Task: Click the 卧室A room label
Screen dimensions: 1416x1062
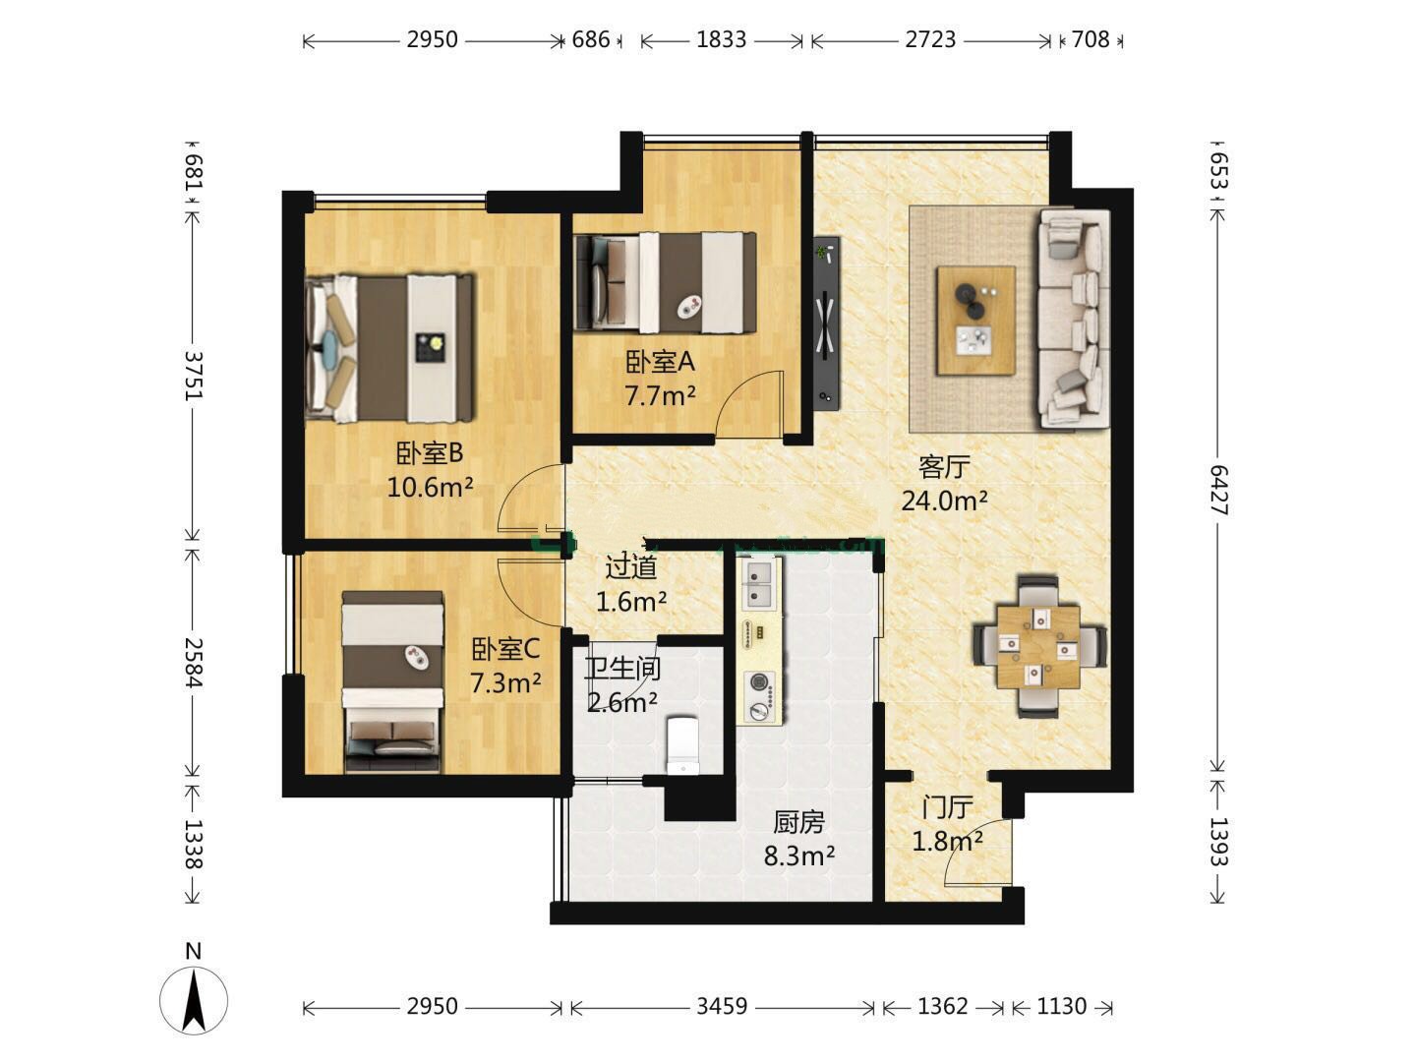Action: [660, 362]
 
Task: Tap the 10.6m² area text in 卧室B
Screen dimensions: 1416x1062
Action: [431, 487]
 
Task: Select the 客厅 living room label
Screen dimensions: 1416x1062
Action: [944, 467]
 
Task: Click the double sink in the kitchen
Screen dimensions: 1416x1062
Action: [760, 585]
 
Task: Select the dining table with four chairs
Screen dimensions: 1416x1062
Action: [1039, 646]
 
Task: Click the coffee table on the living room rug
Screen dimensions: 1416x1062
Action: [976, 321]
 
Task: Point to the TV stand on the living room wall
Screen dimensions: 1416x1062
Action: [826, 323]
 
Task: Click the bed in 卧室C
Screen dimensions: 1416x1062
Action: [393, 681]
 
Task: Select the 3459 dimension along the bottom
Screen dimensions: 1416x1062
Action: [722, 1006]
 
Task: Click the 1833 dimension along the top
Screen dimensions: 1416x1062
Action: [721, 40]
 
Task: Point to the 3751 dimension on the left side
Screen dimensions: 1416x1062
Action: [193, 376]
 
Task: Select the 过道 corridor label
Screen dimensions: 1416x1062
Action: [630, 567]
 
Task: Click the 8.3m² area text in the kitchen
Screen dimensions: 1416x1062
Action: [799, 855]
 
